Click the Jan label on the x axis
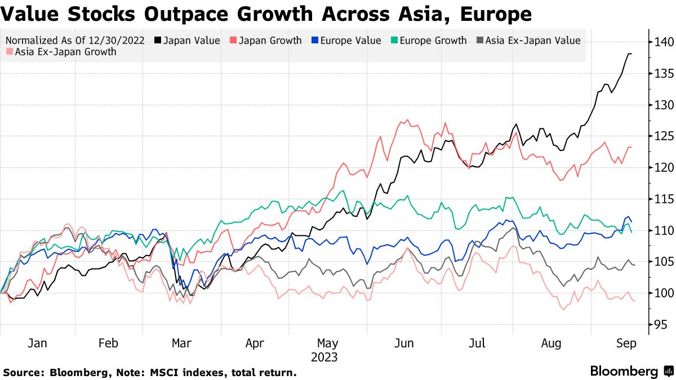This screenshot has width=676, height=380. coord(37,343)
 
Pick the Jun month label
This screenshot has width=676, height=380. coord(404,343)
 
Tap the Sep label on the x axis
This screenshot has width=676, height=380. coord(626,343)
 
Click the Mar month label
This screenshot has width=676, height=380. coord(181,343)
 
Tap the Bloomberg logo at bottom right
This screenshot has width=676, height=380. coord(631,372)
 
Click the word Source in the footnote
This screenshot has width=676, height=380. coord(24,373)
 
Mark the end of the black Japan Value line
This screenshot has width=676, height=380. coord(631,53)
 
